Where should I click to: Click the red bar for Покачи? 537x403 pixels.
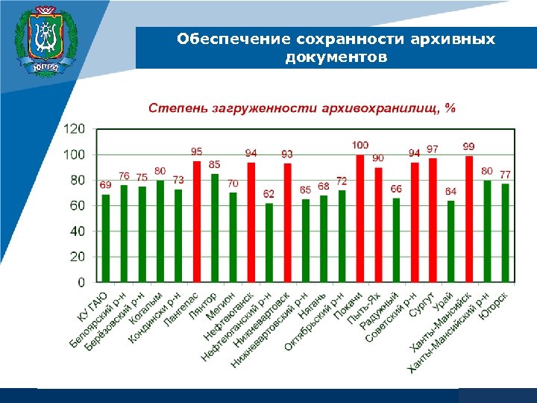pyautogui.click(x=360, y=219)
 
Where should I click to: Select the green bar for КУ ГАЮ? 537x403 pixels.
pyautogui.click(x=106, y=238)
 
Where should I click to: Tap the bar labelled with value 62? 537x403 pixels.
pyautogui.click(x=269, y=243)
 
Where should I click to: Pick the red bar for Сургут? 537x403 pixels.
pyautogui.click(x=433, y=220)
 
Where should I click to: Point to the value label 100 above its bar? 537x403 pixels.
pyautogui.click(x=360, y=144)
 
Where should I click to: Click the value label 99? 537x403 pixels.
pyautogui.click(x=469, y=146)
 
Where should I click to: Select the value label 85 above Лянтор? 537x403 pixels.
pyautogui.click(x=215, y=164)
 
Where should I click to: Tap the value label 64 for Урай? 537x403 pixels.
pyautogui.click(x=450, y=192)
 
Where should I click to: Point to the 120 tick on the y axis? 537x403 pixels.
pyautogui.click(x=74, y=129)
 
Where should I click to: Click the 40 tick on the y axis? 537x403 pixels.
pyautogui.click(x=78, y=231)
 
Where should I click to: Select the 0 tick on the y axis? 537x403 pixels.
pyautogui.click(x=81, y=283)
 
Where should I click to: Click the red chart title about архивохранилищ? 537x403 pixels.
pyautogui.click(x=301, y=108)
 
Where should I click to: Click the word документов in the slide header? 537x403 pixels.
pyautogui.click(x=336, y=57)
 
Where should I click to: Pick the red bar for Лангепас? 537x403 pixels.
pyautogui.click(x=197, y=222)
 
